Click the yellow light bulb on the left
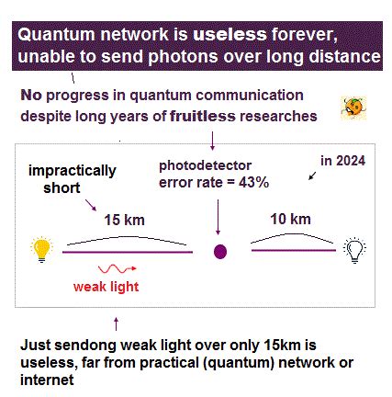(x=40, y=249)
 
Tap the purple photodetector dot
(x=219, y=250)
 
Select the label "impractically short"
(x=73, y=177)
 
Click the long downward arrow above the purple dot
(x=218, y=219)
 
